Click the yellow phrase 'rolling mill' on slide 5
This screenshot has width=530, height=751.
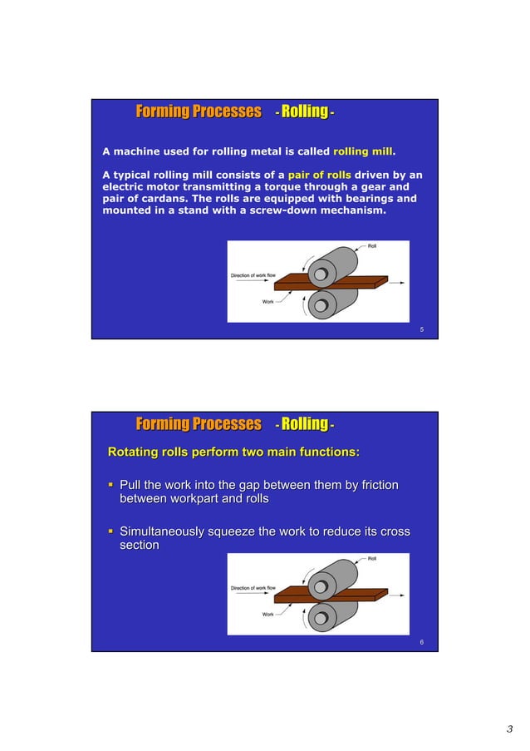tap(363, 152)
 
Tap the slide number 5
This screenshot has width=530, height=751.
tap(421, 330)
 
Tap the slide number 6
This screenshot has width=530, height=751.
tap(421, 642)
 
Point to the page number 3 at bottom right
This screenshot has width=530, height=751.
tap(509, 730)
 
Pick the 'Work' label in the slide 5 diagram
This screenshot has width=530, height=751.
tap(268, 302)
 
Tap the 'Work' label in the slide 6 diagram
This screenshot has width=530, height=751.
tap(268, 615)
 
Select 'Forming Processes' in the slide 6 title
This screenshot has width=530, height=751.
tap(198, 424)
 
